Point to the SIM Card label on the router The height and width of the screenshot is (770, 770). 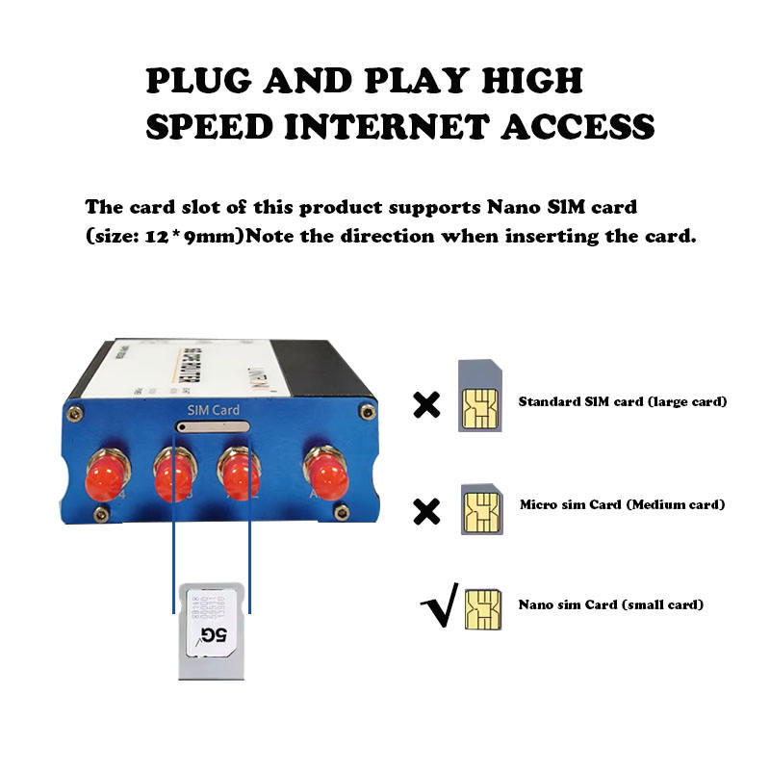point(213,411)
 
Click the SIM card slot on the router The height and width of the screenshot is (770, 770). point(212,426)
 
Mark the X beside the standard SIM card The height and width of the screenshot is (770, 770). point(424,405)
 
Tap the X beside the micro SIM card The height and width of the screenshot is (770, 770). point(424,511)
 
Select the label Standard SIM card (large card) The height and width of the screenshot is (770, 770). point(622,401)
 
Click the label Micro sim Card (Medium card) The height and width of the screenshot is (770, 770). point(622,504)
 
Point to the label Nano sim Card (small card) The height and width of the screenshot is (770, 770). point(610,605)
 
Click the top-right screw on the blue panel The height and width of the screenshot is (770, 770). point(365,412)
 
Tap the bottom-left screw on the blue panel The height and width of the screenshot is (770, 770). point(100,514)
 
